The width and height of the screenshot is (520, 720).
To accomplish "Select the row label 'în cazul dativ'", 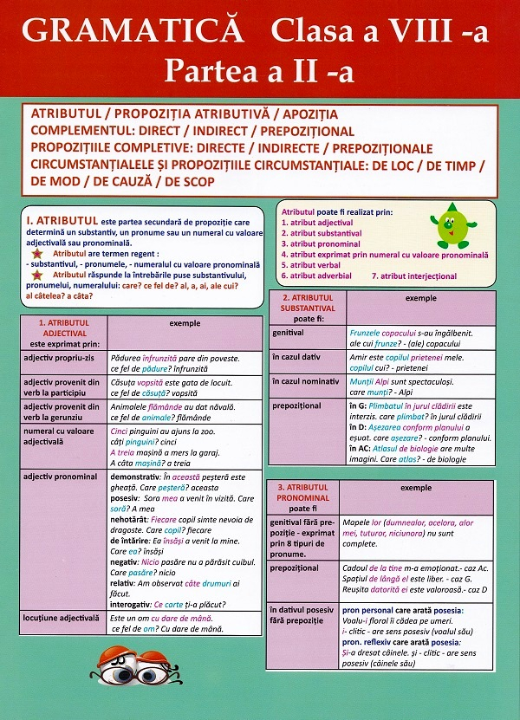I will coord(296,356).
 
